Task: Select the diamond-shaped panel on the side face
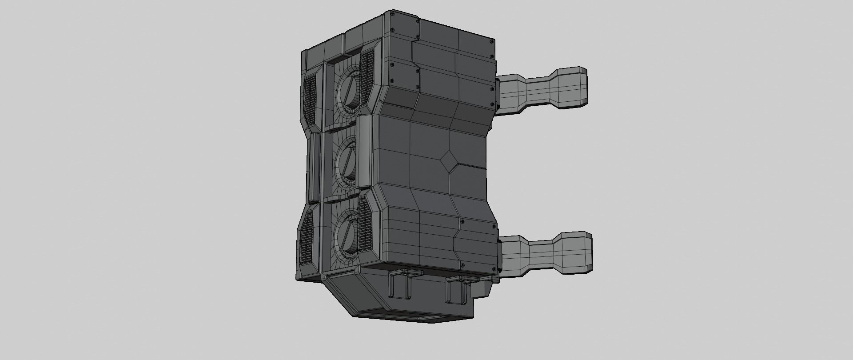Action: point(449,159)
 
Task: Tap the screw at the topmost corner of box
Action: point(391,15)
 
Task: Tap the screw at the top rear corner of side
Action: point(490,42)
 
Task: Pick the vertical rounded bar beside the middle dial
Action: point(363,152)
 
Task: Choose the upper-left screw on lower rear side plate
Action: point(462,221)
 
